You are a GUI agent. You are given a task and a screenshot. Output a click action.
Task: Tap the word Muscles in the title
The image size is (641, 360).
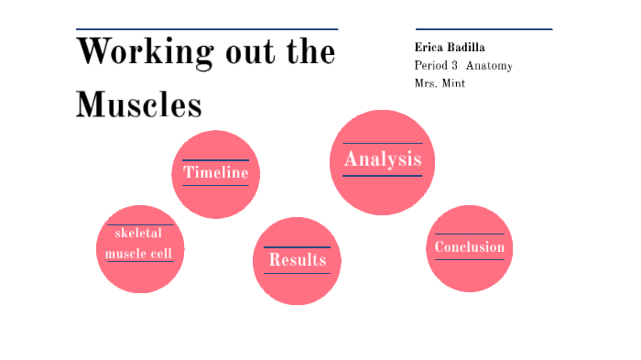pyautogui.click(x=138, y=104)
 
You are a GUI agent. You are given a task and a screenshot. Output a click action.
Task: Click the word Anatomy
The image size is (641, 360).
pyautogui.click(x=489, y=65)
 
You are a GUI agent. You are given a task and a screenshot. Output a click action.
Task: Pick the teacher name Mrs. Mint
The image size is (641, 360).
pyautogui.click(x=440, y=83)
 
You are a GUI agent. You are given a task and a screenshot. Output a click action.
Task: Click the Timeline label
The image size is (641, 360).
pyautogui.click(x=215, y=172)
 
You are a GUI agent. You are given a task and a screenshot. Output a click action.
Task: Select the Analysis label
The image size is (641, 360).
pyautogui.click(x=382, y=159)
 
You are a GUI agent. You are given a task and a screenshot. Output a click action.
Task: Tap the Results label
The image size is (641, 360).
pyautogui.click(x=297, y=260)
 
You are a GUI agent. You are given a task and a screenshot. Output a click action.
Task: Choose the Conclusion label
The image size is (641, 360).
pyautogui.click(x=469, y=247)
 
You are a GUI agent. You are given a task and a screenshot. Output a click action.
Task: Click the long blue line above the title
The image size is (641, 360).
pyautogui.click(x=207, y=29)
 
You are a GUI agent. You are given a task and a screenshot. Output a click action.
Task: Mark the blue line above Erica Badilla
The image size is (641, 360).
pyautogui.click(x=483, y=29)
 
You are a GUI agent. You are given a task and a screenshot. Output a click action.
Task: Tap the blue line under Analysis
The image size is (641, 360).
pyautogui.click(x=382, y=175)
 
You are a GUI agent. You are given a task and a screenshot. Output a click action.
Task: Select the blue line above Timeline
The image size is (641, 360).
pyautogui.click(x=215, y=160)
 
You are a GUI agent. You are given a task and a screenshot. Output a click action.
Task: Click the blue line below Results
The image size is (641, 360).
pyautogui.click(x=297, y=273)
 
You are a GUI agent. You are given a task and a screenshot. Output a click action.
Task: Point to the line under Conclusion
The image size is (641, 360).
pyautogui.click(x=469, y=259)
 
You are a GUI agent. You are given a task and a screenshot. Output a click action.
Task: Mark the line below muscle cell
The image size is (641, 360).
pyautogui.click(x=139, y=262)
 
